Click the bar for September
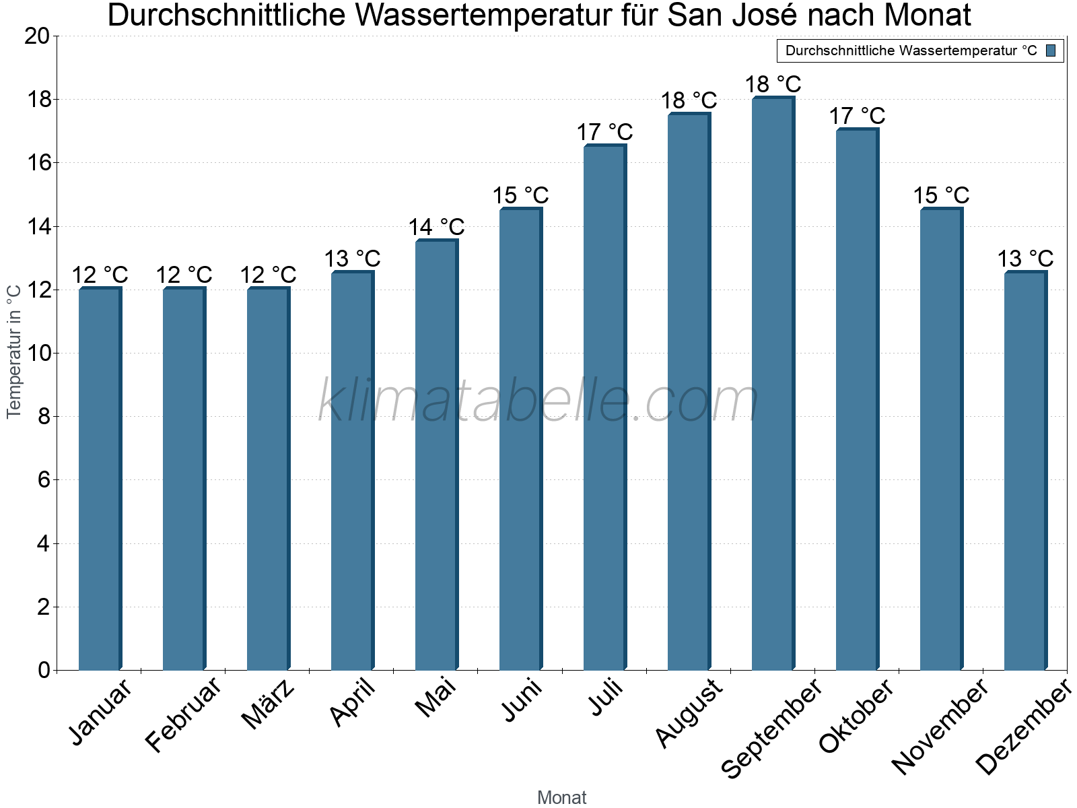[773, 384]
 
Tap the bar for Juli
[604, 407]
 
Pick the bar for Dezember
[1025, 471]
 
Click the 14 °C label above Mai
[436, 227]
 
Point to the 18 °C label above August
[689, 101]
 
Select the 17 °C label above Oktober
[857, 116]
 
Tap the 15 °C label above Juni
[520, 196]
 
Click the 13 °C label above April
[352, 259]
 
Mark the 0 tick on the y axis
[44, 670]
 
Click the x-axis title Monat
[561, 797]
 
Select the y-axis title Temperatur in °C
[14, 350]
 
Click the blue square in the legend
[1051, 50]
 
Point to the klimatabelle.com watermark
[538, 401]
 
